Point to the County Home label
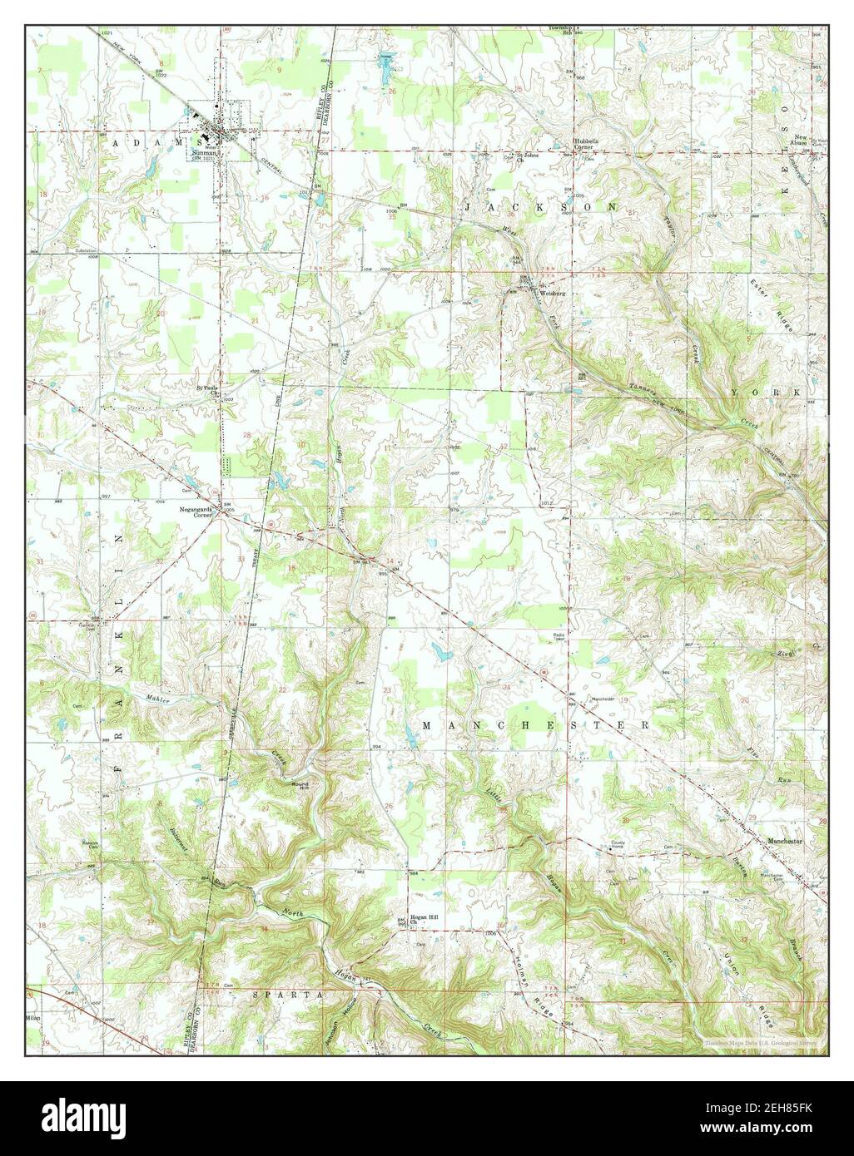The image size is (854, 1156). pos(618,845)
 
